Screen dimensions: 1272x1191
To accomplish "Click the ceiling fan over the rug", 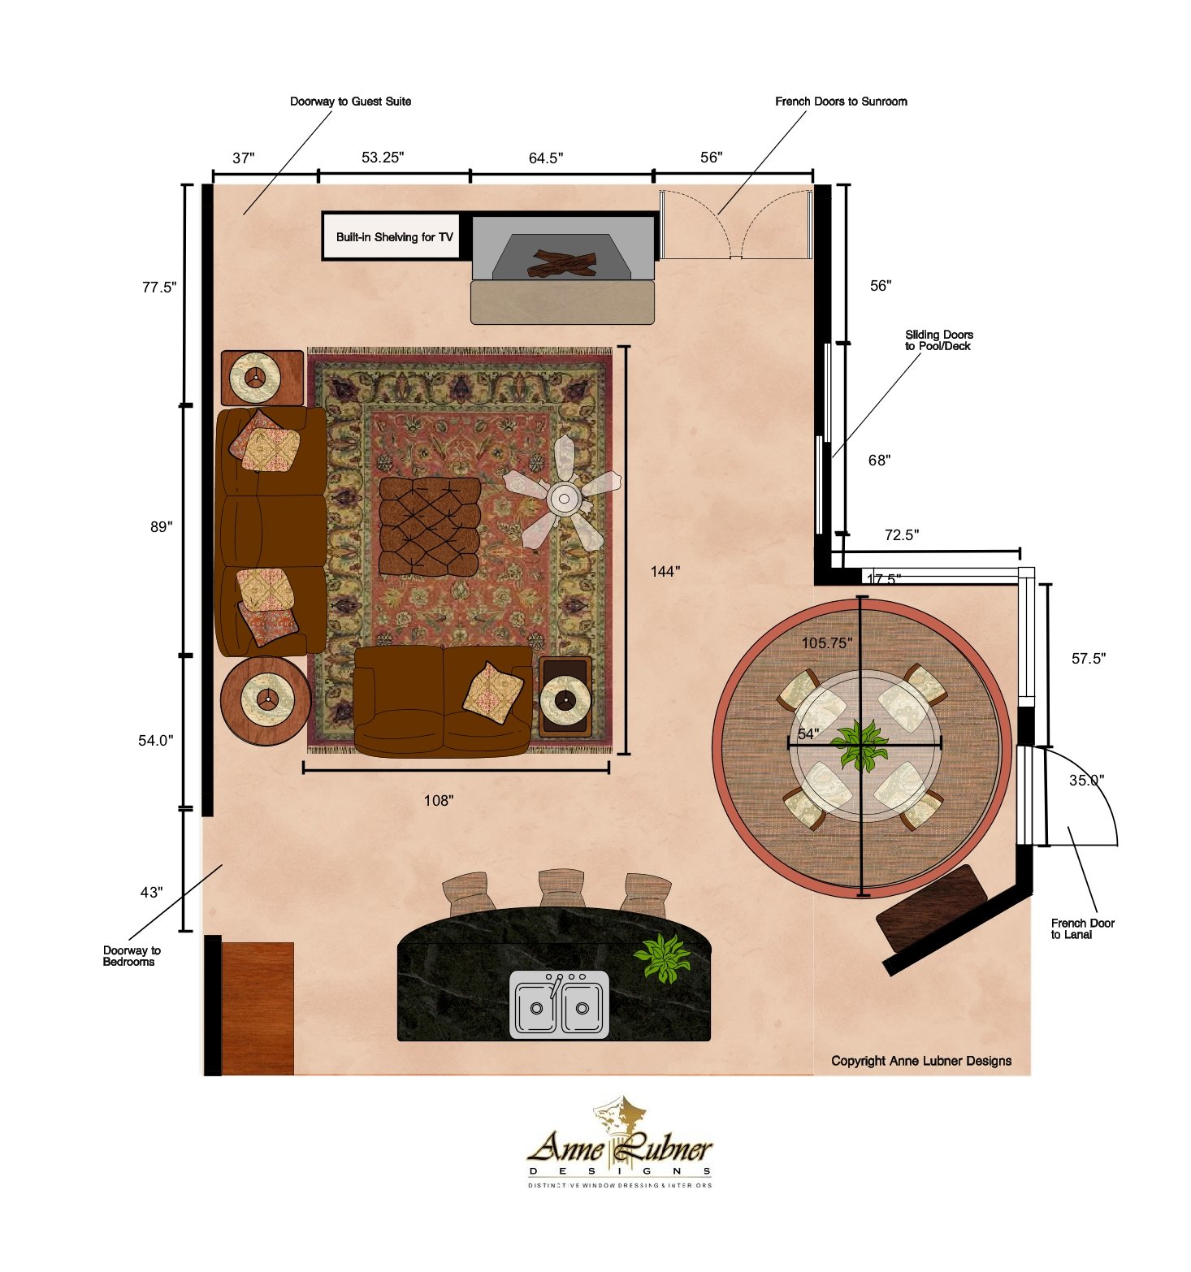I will point(563,498).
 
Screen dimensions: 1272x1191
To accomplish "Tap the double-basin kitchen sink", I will point(559,1005).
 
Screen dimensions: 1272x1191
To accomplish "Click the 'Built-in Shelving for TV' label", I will point(394,237).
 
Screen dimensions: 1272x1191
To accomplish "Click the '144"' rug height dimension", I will point(665,572).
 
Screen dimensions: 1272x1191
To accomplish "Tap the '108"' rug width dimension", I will point(439,801).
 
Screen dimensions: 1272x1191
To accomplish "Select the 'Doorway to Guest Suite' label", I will point(350,102).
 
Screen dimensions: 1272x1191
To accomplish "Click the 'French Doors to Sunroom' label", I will point(841,102).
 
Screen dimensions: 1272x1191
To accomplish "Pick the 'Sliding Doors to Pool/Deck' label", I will point(938,340).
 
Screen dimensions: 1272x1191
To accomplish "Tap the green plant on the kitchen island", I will point(663,957).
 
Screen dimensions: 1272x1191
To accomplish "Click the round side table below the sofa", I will point(265,700).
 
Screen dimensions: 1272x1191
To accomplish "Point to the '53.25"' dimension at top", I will point(382,158).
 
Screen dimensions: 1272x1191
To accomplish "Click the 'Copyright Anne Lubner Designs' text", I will point(921,1061).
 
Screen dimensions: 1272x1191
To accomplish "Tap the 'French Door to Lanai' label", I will point(1082,928).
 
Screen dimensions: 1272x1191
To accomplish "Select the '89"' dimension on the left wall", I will point(161,527).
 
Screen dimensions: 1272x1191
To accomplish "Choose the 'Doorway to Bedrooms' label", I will point(132,956).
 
